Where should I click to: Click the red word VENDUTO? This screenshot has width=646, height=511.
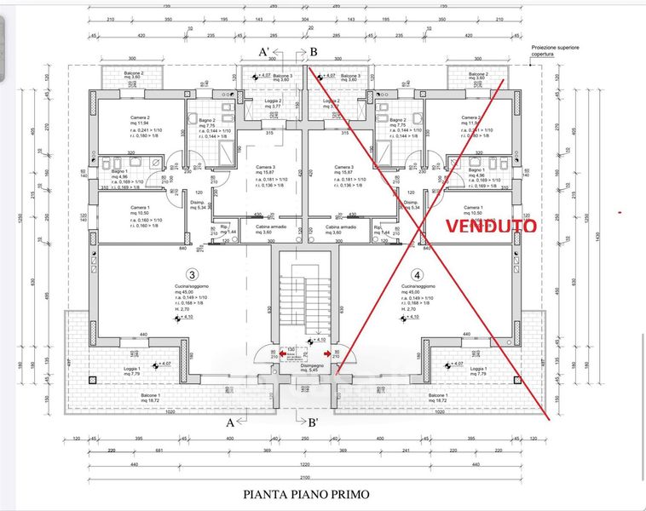(x=493, y=227)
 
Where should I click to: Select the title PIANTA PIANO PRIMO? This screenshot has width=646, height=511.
(x=306, y=492)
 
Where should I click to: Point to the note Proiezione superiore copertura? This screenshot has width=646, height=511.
(x=555, y=50)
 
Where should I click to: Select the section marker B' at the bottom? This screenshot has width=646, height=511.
(x=313, y=422)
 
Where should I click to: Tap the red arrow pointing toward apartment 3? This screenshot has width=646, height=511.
(x=283, y=353)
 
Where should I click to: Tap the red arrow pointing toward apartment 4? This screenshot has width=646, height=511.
(x=327, y=353)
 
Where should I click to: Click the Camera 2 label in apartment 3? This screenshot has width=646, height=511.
(x=141, y=118)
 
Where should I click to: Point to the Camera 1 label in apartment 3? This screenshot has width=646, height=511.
(x=140, y=207)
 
